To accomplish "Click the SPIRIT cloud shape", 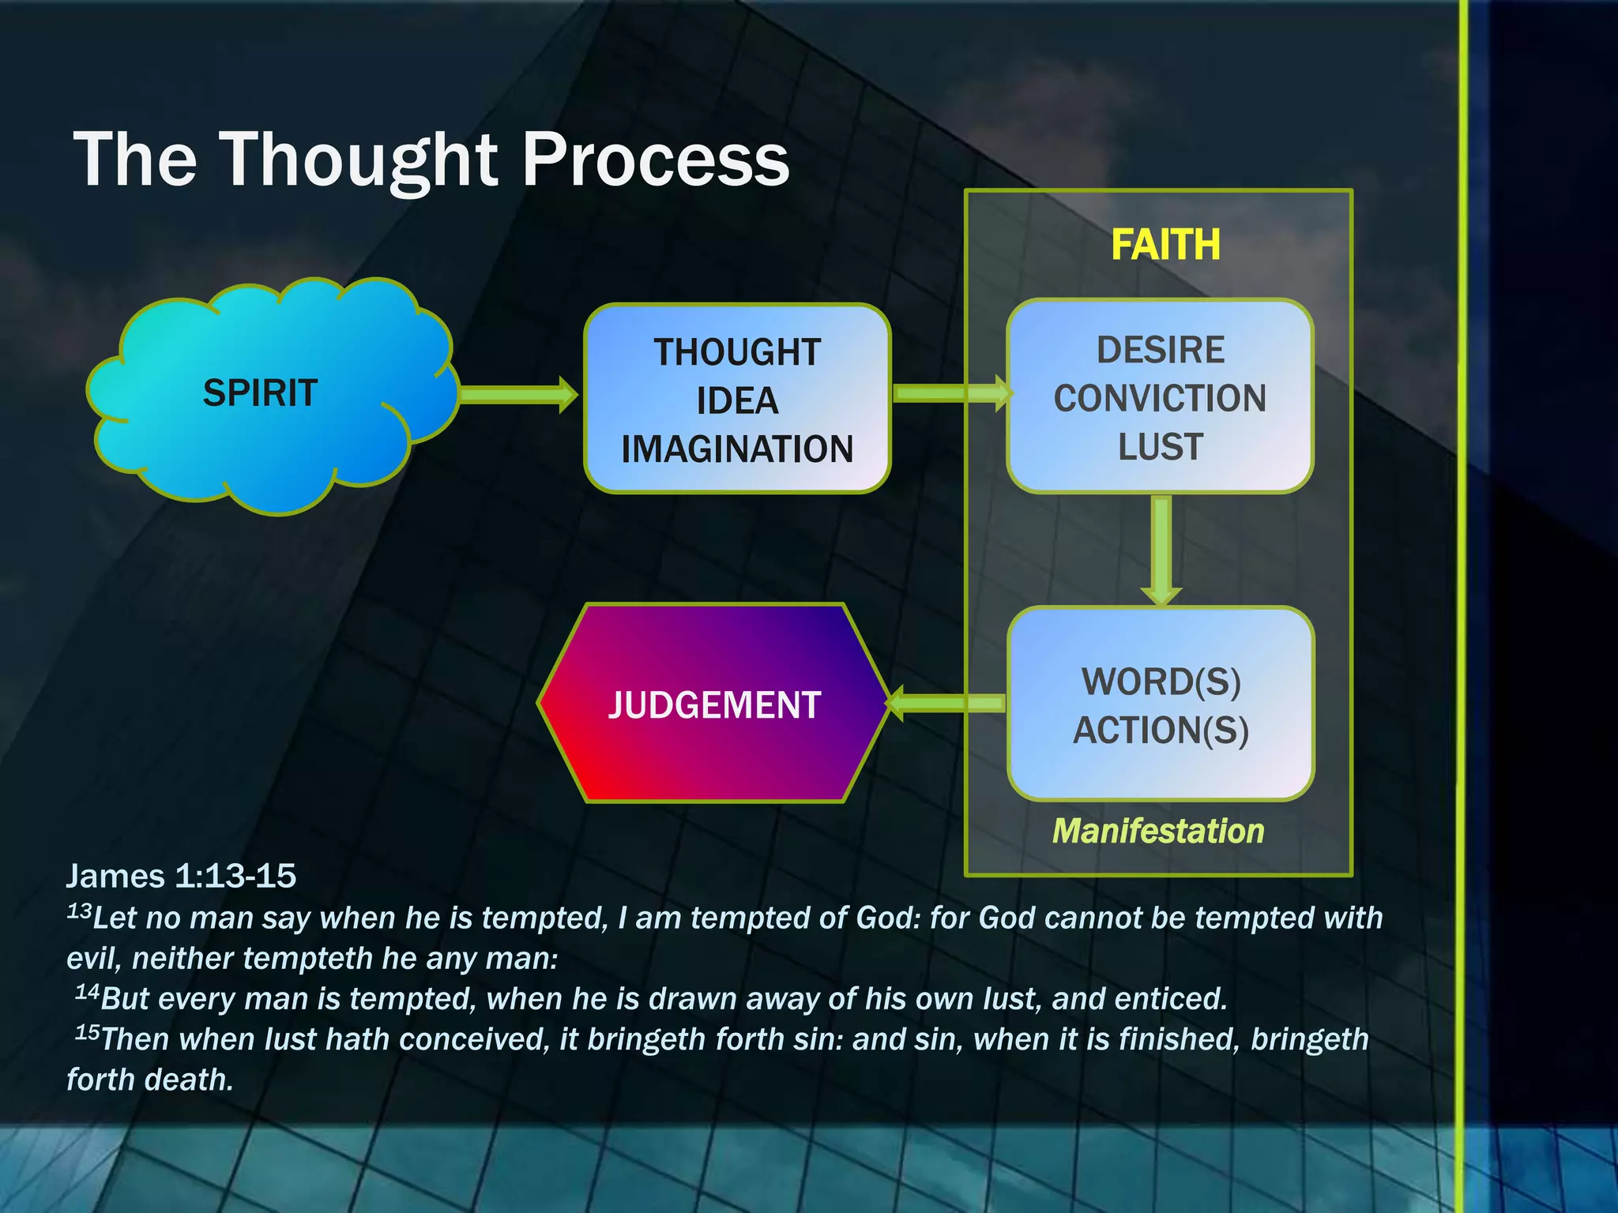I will point(269,395).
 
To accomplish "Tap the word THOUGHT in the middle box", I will point(737,352).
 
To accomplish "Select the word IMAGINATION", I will point(737,449).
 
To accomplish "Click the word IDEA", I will point(737,401).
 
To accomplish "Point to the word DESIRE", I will point(1160,350).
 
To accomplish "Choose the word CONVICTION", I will point(1160,398).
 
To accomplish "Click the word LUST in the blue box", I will point(1160,447).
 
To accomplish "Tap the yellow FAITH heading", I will point(1165,245).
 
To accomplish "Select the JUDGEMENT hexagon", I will point(713,704).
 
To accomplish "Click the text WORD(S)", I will point(1161,682).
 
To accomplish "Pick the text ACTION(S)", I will point(1161,730).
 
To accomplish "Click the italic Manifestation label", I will point(1158,832).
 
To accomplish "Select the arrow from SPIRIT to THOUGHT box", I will point(517,394).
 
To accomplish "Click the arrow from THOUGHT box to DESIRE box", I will point(952,392).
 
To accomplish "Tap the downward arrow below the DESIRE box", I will point(1161,549).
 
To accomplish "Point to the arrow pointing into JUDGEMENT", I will point(945,702).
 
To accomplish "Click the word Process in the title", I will point(655,160).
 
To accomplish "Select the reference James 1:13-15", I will point(181,876).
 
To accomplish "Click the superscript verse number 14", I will point(87,992).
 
